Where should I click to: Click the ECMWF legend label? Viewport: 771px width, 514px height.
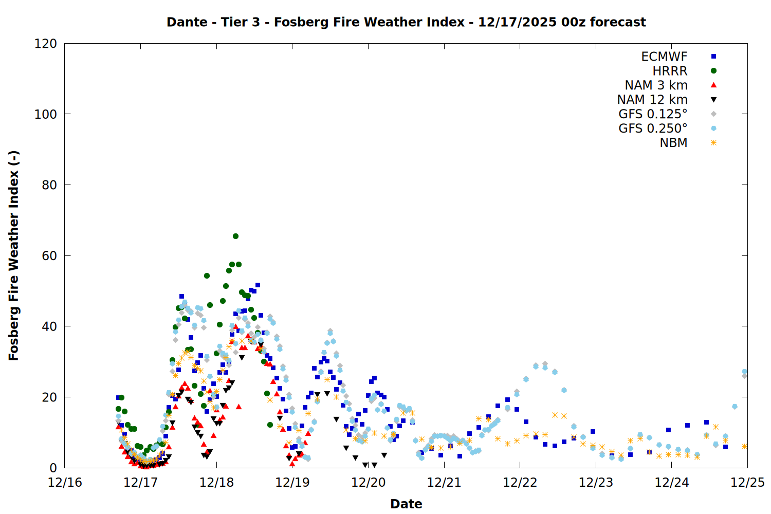(664, 57)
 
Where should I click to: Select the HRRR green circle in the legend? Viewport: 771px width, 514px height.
(713, 71)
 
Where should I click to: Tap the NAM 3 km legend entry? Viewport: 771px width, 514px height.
(656, 85)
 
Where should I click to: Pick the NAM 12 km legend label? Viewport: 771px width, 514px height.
(652, 100)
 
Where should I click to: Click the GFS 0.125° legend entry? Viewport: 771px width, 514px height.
(653, 114)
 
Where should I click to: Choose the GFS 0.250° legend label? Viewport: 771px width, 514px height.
(653, 128)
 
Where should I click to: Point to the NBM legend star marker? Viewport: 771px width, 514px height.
(713, 143)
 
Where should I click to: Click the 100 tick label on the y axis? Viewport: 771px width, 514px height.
(46, 114)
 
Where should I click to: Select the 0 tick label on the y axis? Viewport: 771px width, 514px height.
(53, 468)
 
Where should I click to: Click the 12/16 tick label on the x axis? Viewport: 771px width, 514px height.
(65, 483)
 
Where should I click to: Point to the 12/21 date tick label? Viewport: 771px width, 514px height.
(444, 483)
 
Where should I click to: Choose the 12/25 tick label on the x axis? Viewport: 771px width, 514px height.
(747, 483)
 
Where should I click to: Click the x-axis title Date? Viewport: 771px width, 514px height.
(406, 504)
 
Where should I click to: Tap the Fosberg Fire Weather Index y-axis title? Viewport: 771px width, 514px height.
(14, 255)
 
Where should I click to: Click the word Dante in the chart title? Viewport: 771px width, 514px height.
(187, 22)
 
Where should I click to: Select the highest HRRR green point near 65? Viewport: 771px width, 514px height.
(235, 236)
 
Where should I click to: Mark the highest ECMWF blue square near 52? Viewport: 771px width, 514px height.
(258, 285)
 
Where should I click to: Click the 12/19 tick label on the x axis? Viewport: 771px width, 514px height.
(292, 483)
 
